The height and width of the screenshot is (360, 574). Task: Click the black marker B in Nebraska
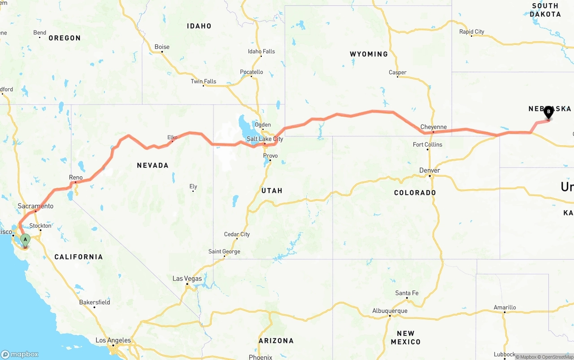click(x=548, y=112)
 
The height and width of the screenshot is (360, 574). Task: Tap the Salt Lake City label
click(x=265, y=139)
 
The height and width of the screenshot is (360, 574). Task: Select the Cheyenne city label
click(x=433, y=127)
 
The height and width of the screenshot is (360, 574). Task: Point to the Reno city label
click(x=76, y=178)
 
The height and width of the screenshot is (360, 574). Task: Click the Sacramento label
click(x=35, y=206)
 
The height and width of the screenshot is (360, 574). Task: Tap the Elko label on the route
click(x=172, y=137)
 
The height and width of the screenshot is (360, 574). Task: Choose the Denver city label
click(x=430, y=170)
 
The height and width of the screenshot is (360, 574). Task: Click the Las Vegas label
click(x=187, y=278)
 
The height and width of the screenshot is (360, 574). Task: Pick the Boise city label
click(x=162, y=47)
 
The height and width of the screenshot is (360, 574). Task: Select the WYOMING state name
click(x=369, y=54)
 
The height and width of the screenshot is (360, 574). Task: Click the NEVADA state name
click(x=152, y=165)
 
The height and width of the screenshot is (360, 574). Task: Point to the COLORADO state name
click(x=415, y=193)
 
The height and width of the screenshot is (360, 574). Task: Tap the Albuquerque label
click(x=390, y=311)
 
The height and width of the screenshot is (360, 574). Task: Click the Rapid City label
click(x=472, y=31)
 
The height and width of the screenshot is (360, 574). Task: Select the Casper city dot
click(x=398, y=77)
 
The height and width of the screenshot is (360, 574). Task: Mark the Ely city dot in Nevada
click(x=193, y=191)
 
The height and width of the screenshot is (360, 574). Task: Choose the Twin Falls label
click(x=203, y=81)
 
